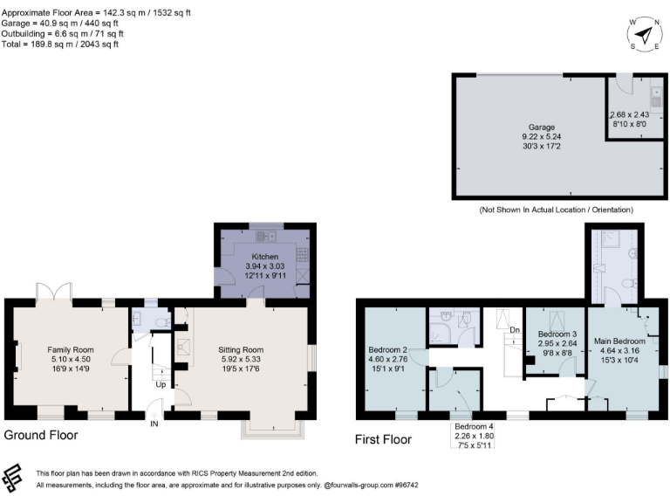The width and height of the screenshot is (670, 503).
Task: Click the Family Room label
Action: [x=71, y=350]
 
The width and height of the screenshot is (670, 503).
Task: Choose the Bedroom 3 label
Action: [x=557, y=334]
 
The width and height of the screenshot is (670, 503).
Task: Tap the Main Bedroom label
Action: [x=619, y=341]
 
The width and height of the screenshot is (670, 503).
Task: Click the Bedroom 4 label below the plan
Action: [x=474, y=427]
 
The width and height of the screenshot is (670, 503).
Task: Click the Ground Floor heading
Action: [x=41, y=435]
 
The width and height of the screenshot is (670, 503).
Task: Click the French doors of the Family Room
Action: [x=54, y=292]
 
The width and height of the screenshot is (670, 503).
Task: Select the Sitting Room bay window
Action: [x=273, y=428]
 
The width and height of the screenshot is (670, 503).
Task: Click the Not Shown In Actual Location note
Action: [x=557, y=210]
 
